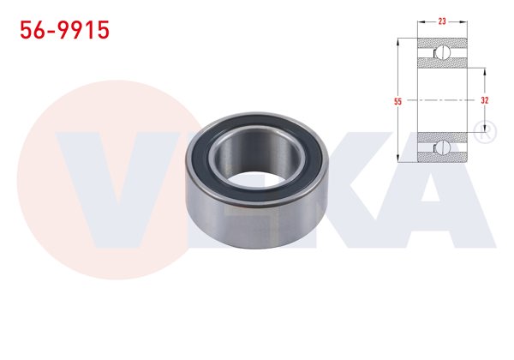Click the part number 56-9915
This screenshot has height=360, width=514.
(x=64, y=31)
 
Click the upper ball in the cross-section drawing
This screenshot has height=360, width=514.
(x=442, y=53)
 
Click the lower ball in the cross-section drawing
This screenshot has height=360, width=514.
(x=442, y=147)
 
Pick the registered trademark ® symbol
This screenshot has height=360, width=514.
(x=483, y=132)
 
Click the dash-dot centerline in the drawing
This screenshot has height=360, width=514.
(x=441, y=99)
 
